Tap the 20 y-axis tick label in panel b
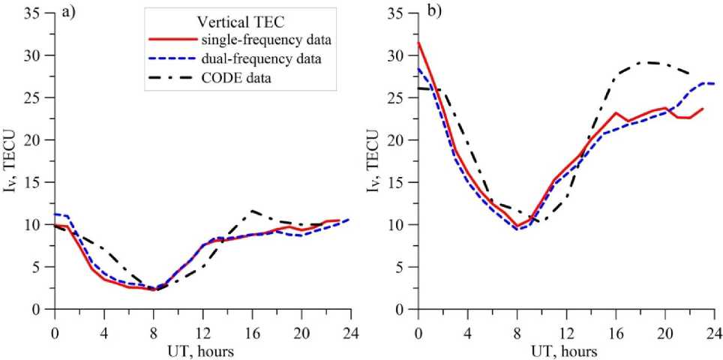pyautogui.click(x=398, y=140)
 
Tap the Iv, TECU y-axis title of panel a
pyautogui.click(x=14, y=161)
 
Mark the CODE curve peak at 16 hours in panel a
pyautogui.click(x=252, y=211)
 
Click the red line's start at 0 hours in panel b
pyautogui.click(x=418, y=43)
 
